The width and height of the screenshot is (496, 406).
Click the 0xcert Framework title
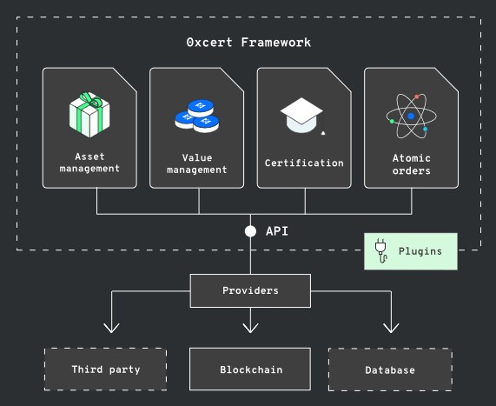[x=248, y=43]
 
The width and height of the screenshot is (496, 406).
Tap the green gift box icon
[x=89, y=115]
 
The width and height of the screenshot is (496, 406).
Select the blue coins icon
[x=197, y=116]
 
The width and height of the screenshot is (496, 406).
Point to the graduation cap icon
[x=302, y=116]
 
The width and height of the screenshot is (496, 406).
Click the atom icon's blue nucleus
[x=411, y=116]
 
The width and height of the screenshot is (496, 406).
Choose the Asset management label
[x=89, y=163]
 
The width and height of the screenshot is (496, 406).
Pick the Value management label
[x=197, y=163]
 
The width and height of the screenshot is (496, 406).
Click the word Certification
[x=304, y=163]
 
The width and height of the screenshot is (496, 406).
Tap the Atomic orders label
[x=411, y=164]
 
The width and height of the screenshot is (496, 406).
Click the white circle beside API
[x=250, y=231]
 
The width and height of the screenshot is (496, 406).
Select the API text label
[x=277, y=231]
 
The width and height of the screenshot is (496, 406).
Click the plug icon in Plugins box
[x=381, y=251]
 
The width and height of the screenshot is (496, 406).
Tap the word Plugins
[x=420, y=251]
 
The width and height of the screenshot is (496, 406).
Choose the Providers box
[x=250, y=290]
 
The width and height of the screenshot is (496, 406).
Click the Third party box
[x=106, y=369]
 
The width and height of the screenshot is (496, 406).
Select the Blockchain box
[x=250, y=369]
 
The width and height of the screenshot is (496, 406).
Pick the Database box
[x=390, y=369]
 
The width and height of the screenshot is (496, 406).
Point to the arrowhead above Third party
[x=112, y=328]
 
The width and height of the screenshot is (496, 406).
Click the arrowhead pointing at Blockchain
[x=250, y=328]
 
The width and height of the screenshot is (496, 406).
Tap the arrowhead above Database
[x=391, y=328]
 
